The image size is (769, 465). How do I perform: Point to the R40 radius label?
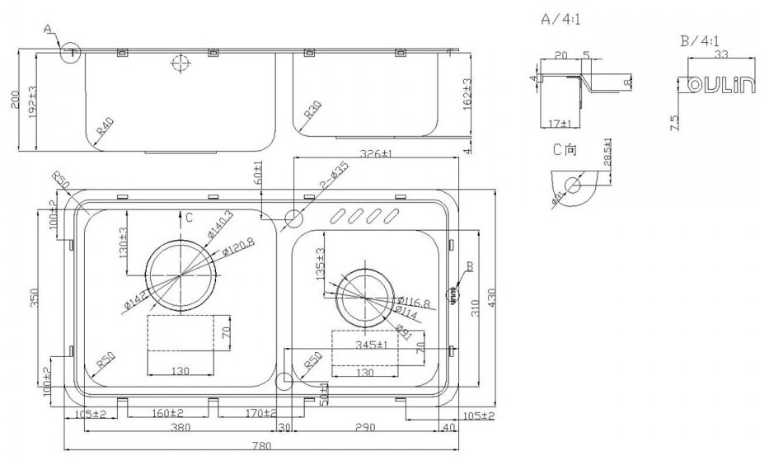[x=104, y=129]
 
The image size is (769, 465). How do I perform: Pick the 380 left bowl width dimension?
[x=170, y=428]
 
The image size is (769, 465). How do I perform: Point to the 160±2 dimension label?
[x=167, y=414]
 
